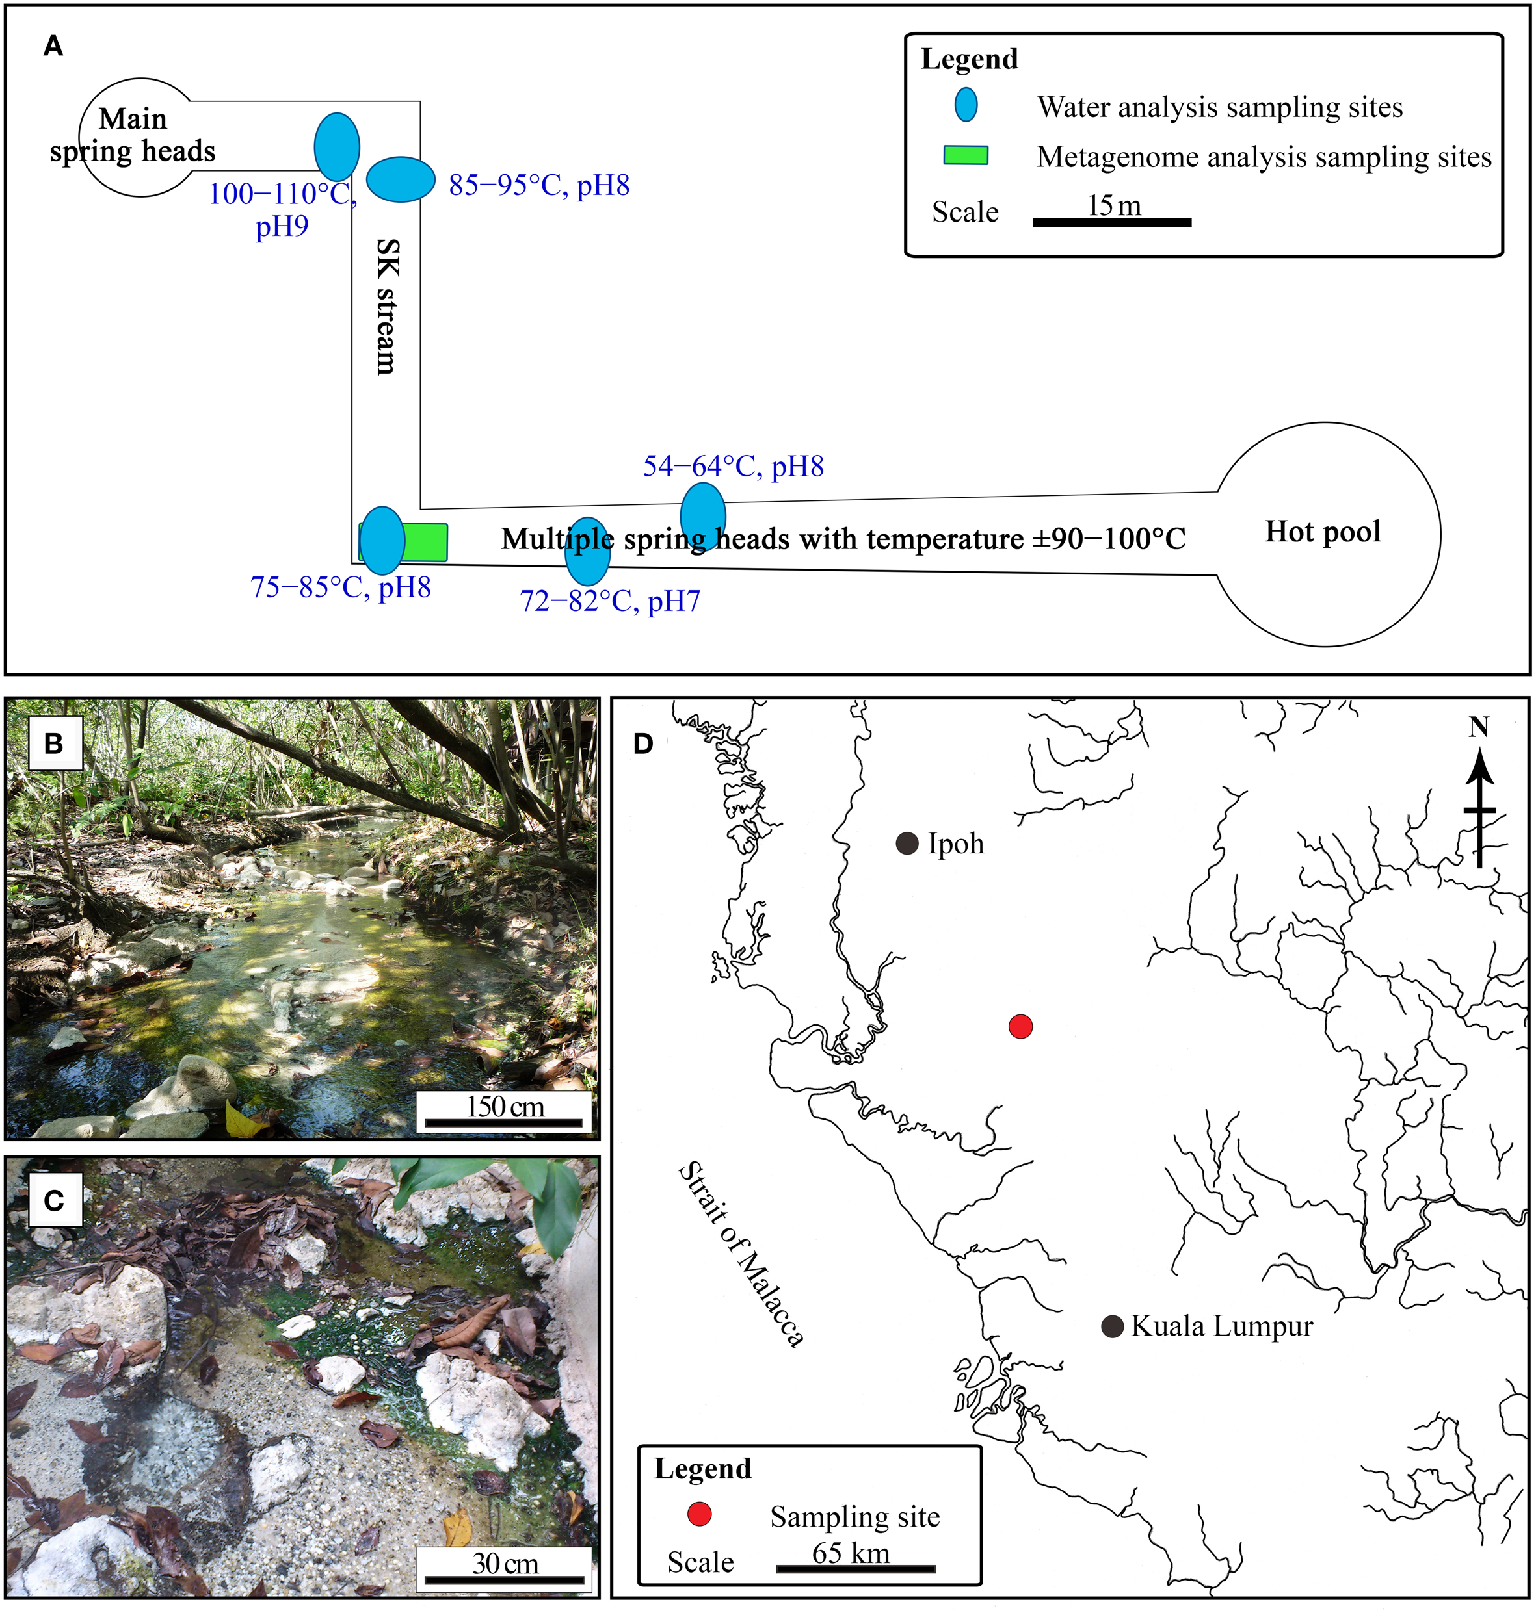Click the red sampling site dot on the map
[x=1020, y=1026]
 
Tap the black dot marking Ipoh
[x=907, y=843]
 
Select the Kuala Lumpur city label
[x=1222, y=1326]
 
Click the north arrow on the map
[x=1479, y=798]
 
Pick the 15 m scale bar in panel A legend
[x=1111, y=222]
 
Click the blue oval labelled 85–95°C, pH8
[x=401, y=179]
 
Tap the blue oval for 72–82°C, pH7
[x=588, y=550]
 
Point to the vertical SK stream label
[x=386, y=306]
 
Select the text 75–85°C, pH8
[x=341, y=587]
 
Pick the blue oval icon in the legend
[x=966, y=105]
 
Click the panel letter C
[x=54, y=1200]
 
